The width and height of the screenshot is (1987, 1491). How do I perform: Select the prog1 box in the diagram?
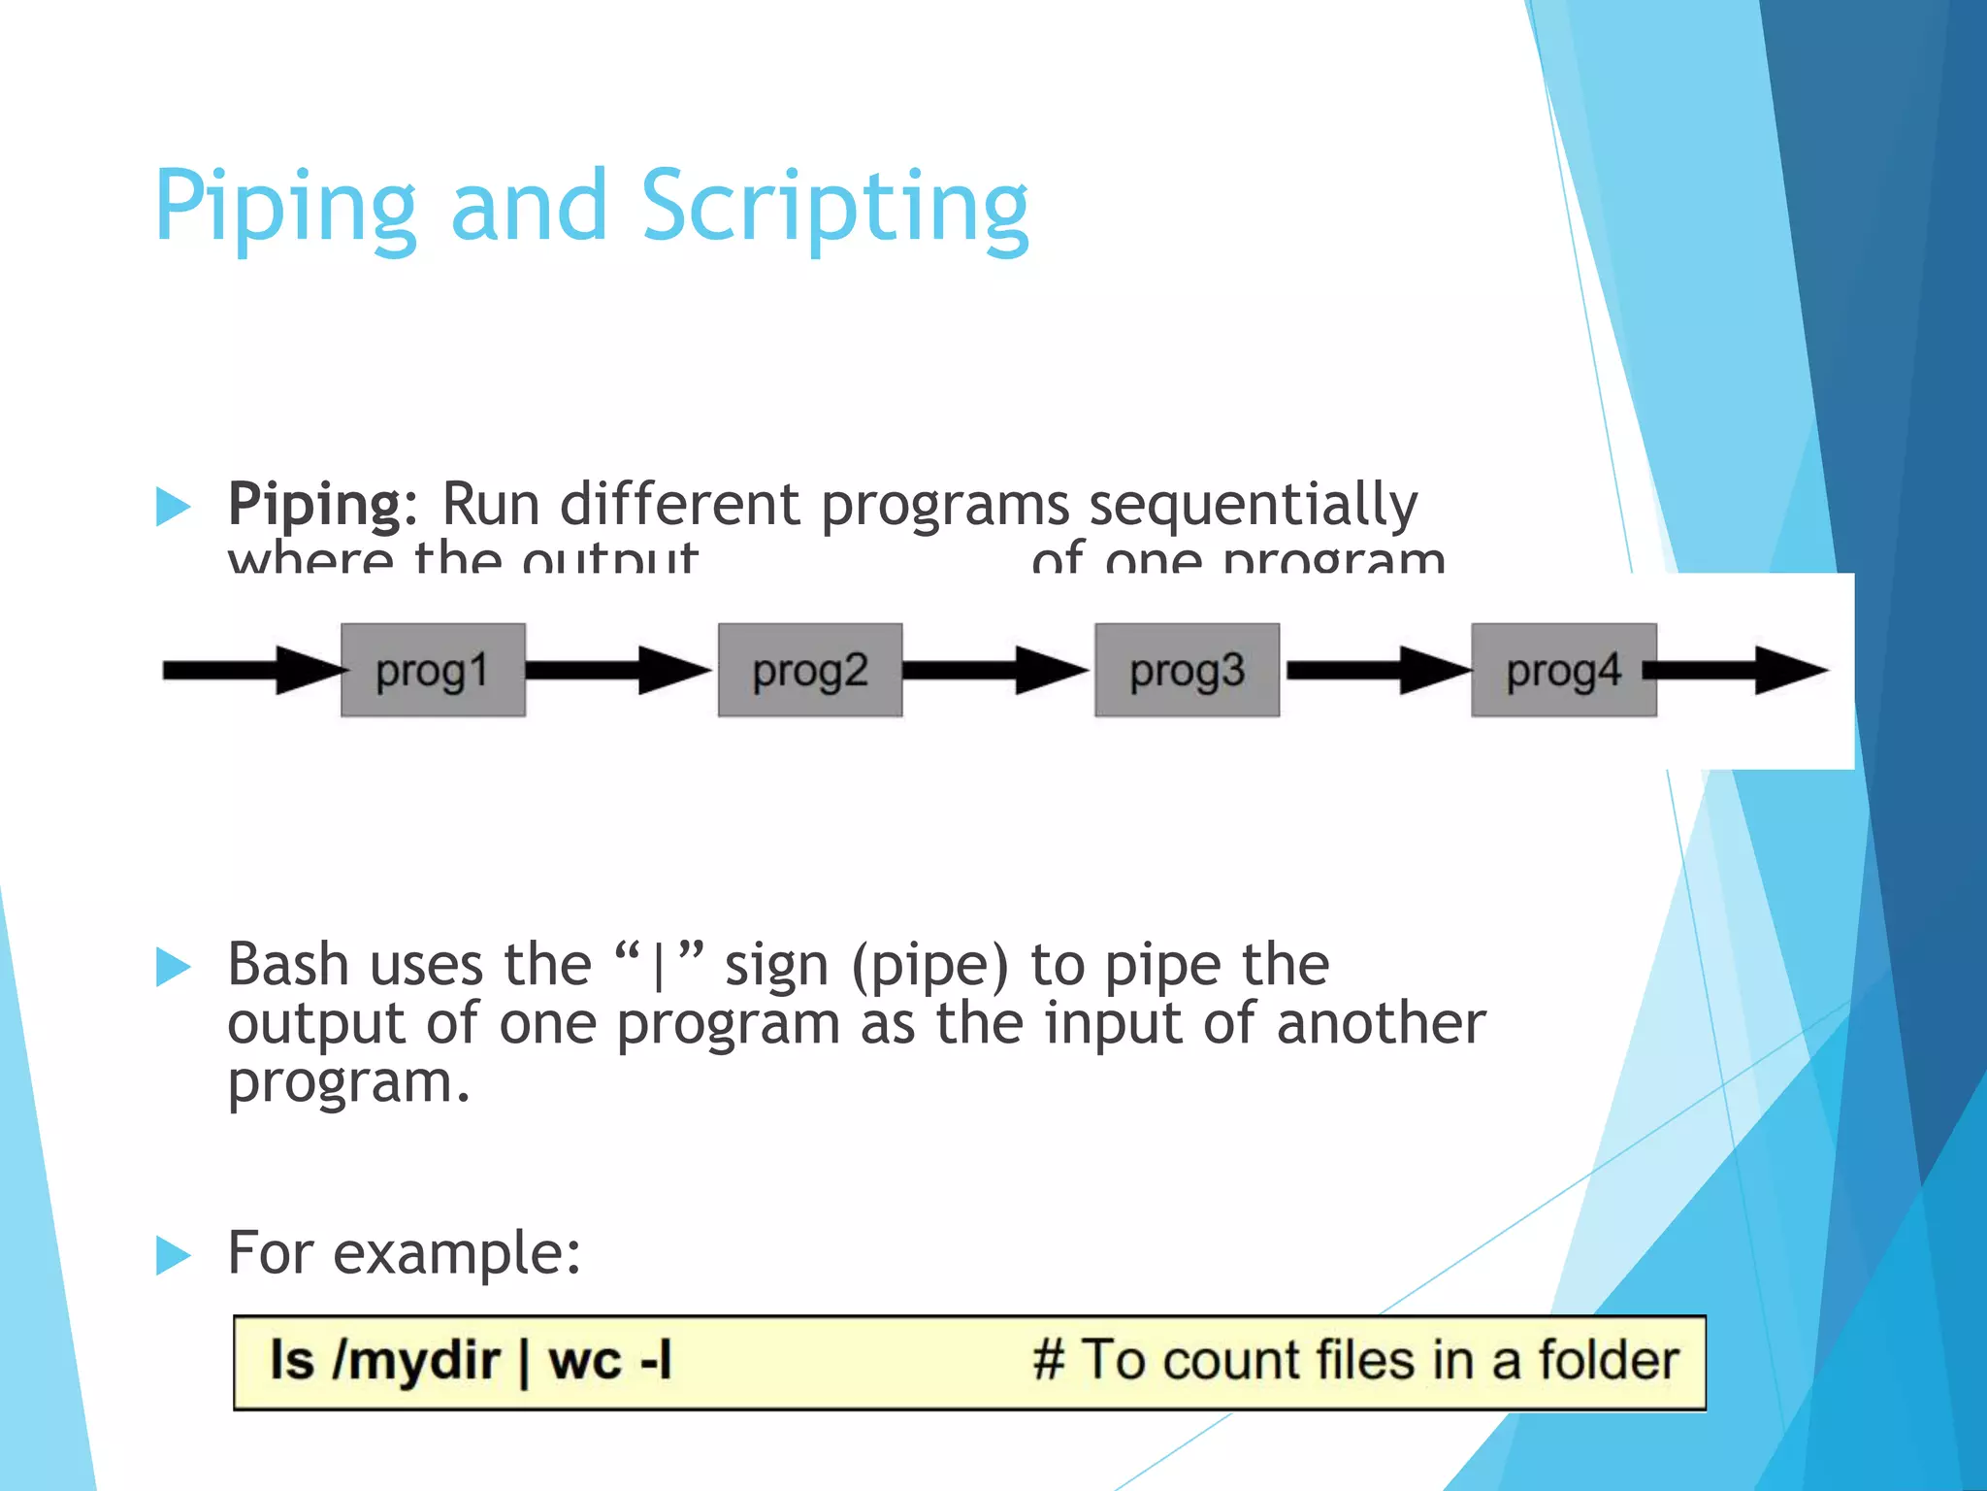433,671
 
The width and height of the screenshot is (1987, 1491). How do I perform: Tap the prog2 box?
810,671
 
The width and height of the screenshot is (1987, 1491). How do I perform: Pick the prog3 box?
1187,671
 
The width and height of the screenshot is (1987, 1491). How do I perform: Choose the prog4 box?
1563,671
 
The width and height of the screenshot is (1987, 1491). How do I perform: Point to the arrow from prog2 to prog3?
995,670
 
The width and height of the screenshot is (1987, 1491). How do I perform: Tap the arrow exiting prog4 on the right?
1737,670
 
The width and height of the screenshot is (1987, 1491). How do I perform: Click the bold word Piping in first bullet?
314,505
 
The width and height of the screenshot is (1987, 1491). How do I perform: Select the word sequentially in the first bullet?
1253,505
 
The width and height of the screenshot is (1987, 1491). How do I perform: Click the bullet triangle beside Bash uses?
173,967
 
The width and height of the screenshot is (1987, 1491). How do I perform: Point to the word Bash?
287,965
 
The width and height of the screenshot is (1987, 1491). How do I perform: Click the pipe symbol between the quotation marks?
659,967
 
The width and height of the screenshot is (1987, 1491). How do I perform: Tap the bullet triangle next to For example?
173,1255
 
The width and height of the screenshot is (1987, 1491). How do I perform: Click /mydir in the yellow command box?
415,1360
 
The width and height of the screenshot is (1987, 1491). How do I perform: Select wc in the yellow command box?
584,1360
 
